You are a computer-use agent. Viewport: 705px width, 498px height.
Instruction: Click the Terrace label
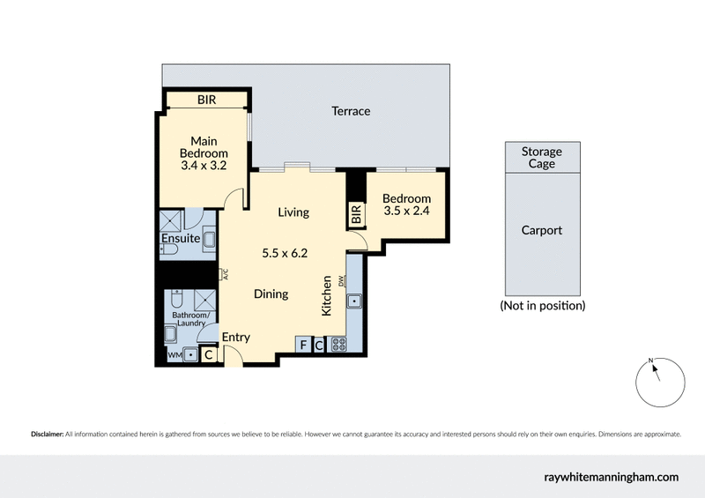coord(351,111)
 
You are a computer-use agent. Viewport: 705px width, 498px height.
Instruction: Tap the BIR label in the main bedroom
coord(206,100)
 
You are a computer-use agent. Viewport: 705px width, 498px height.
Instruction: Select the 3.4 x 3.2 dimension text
coord(204,165)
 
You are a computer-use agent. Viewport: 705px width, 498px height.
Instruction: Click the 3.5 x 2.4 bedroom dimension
coord(406,212)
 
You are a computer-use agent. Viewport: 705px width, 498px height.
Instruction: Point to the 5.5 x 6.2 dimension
coord(285,253)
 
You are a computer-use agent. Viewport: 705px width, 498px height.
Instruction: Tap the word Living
coord(293,212)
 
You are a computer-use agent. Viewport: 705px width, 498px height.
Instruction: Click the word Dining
coord(271,294)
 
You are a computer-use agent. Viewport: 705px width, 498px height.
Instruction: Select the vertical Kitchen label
coord(326,296)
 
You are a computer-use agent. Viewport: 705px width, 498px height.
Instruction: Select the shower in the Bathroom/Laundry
coord(204,298)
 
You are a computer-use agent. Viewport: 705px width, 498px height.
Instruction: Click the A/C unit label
coord(225,274)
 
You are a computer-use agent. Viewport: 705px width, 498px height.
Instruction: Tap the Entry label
coord(236,337)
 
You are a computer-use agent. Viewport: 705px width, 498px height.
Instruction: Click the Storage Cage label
coord(542,158)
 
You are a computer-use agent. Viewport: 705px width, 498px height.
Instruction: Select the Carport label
coord(542,231)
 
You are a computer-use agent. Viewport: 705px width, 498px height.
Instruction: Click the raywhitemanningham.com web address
coord(611,477)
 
